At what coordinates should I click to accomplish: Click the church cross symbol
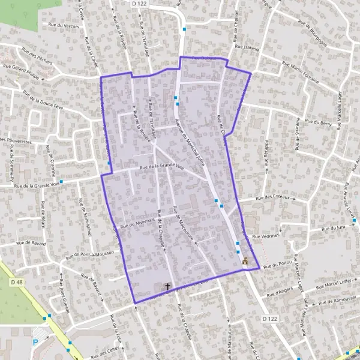point(167,287)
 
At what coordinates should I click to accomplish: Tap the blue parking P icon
point(35,343)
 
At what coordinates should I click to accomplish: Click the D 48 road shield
point(16,281)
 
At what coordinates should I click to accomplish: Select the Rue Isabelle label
point(247,46)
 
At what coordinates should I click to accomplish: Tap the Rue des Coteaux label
point(268,197)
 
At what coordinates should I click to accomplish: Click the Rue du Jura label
point(333,228)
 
